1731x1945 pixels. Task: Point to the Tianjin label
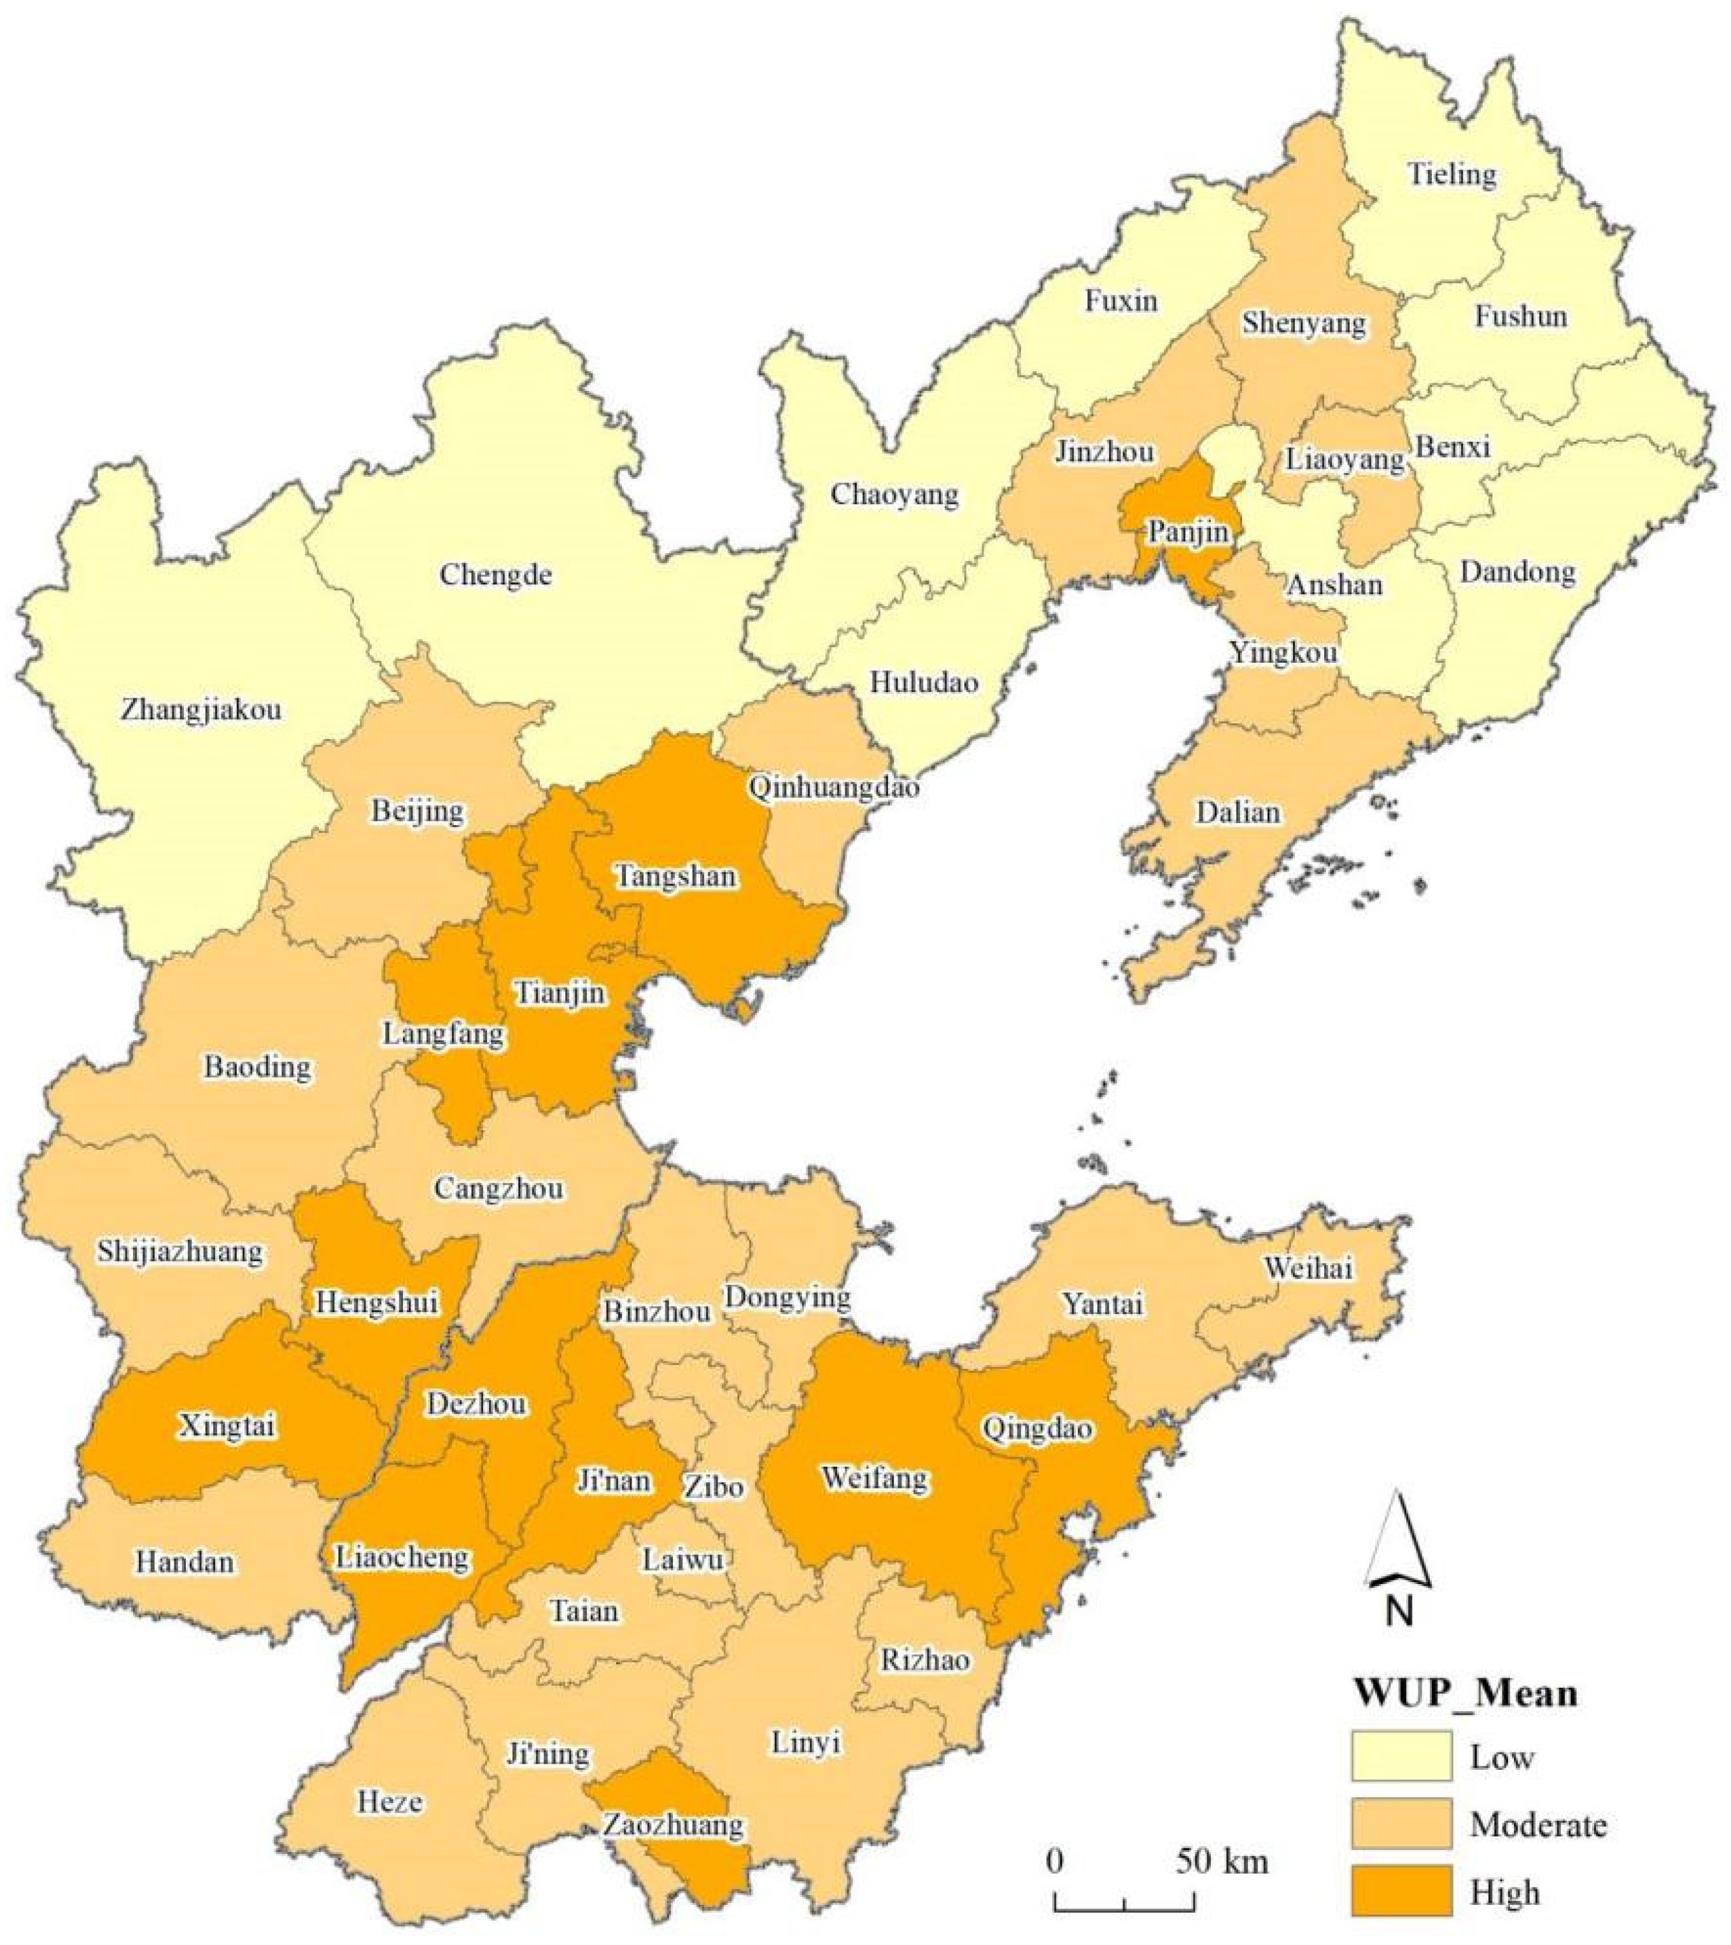coord(560,993)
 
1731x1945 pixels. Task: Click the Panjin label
coord(1187,531)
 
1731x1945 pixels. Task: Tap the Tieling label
coord(1452,174)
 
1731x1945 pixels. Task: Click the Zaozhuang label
coord(673,1825)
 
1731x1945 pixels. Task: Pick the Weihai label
coord(1308,1268)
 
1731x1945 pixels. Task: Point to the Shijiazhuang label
coord(180,1251)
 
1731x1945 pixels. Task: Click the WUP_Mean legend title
coord(1464,1693)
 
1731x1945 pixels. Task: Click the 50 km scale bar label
coord(1221,1860)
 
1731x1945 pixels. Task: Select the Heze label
coord(390,1801)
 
